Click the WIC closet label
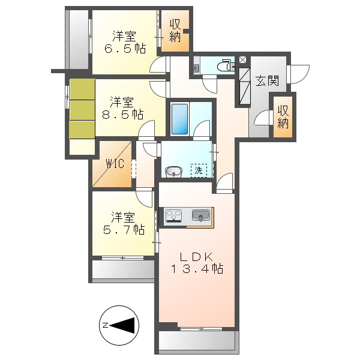coord(115,163)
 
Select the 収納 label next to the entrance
coord(283,117)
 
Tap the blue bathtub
coord(180,119)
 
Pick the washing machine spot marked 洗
coord(198,170)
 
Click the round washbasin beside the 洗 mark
coord(173,172)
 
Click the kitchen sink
coord(201,214)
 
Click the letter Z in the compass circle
coord(105,325)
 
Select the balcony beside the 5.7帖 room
coord(123,269)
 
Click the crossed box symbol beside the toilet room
coord(242,60)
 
